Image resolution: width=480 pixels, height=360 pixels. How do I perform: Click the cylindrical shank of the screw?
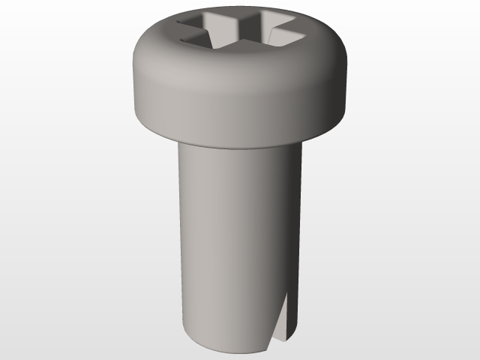click(225, 240)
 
